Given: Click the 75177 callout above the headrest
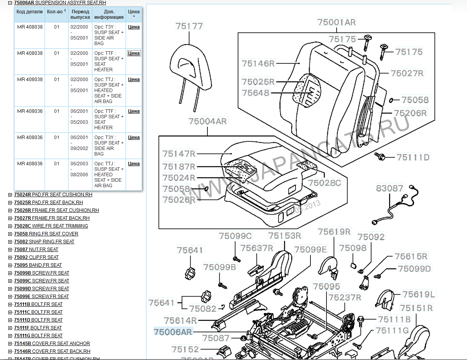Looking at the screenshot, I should [x=189, y=26].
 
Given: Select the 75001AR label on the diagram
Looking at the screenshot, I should [x=336, y=22].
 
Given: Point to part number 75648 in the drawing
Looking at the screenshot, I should [x=255, y=93].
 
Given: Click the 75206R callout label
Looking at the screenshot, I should [x=410, y=113].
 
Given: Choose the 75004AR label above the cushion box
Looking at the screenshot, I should [x=207, y=121].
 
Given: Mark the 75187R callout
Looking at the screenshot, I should [x=179, y=166].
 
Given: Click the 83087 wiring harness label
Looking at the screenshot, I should [x=389, y=188].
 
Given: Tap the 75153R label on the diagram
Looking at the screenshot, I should [x=285, y=235].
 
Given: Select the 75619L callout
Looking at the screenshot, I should [x=419, y=294].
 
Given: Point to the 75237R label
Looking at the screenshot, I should [x=345, y=297].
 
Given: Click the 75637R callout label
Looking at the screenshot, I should [x=256, y=248].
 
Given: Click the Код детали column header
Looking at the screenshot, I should [x=30, y=12].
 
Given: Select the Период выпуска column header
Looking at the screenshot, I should [x=80, y=14].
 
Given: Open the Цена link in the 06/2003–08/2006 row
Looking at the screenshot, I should [x=134, y=164].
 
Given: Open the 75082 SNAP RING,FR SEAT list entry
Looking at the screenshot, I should [x=44, y=242].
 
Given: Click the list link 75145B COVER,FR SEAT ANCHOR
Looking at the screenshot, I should [x=52, y=344].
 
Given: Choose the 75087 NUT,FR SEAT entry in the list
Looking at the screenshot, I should [x=36, y=250].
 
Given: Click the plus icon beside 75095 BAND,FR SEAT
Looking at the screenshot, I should [x=10, y=265].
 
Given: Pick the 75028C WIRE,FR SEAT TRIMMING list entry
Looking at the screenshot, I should [x=51, y=226].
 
